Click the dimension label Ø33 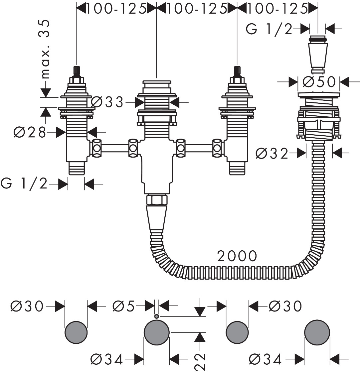point(107,102)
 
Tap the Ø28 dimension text point(29,133)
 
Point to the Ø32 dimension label point(272,153)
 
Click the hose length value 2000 point(237,256)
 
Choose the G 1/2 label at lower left point(25,184)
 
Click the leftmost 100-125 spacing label point(116,9)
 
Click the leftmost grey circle point(76,332)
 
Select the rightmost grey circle point(317,332)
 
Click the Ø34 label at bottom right point(266,359)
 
